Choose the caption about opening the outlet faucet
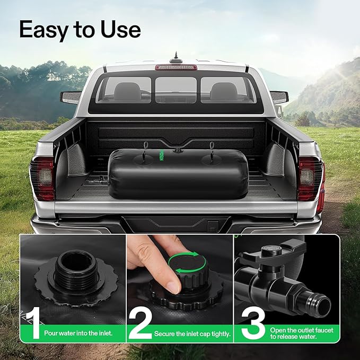tap(301, 333)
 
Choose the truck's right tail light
tap(311, 178)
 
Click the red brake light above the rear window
tap(175, 67)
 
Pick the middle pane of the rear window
tap(176, 90)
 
